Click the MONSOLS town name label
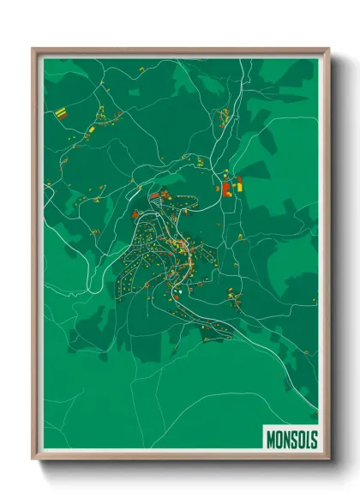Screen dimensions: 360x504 pyautogui.click(x=291, y=439)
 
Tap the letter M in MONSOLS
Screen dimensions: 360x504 pyautogui.click(x=268, y=439)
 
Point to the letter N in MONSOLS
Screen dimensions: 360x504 pyautogui.click(x=284, y=439)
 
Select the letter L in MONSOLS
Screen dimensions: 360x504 pyautogui.click(x=306, y=439)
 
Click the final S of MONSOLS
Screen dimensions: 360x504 pyautogui.click(x=314, y=439)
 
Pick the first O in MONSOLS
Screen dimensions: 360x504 pyautogui.click(x=276, y=439)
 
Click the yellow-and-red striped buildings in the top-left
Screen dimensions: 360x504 pyautogui.click(x=62, y=112)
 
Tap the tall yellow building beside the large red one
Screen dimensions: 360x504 pyautogui.click(x=239, y=183)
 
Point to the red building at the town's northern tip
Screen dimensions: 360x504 pyautogui.click(x=154, y=195)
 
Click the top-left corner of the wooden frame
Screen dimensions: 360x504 pyautogui.click(x=33, y=49)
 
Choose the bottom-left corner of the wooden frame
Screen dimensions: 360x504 pyautogui.click(x=33, y=459)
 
